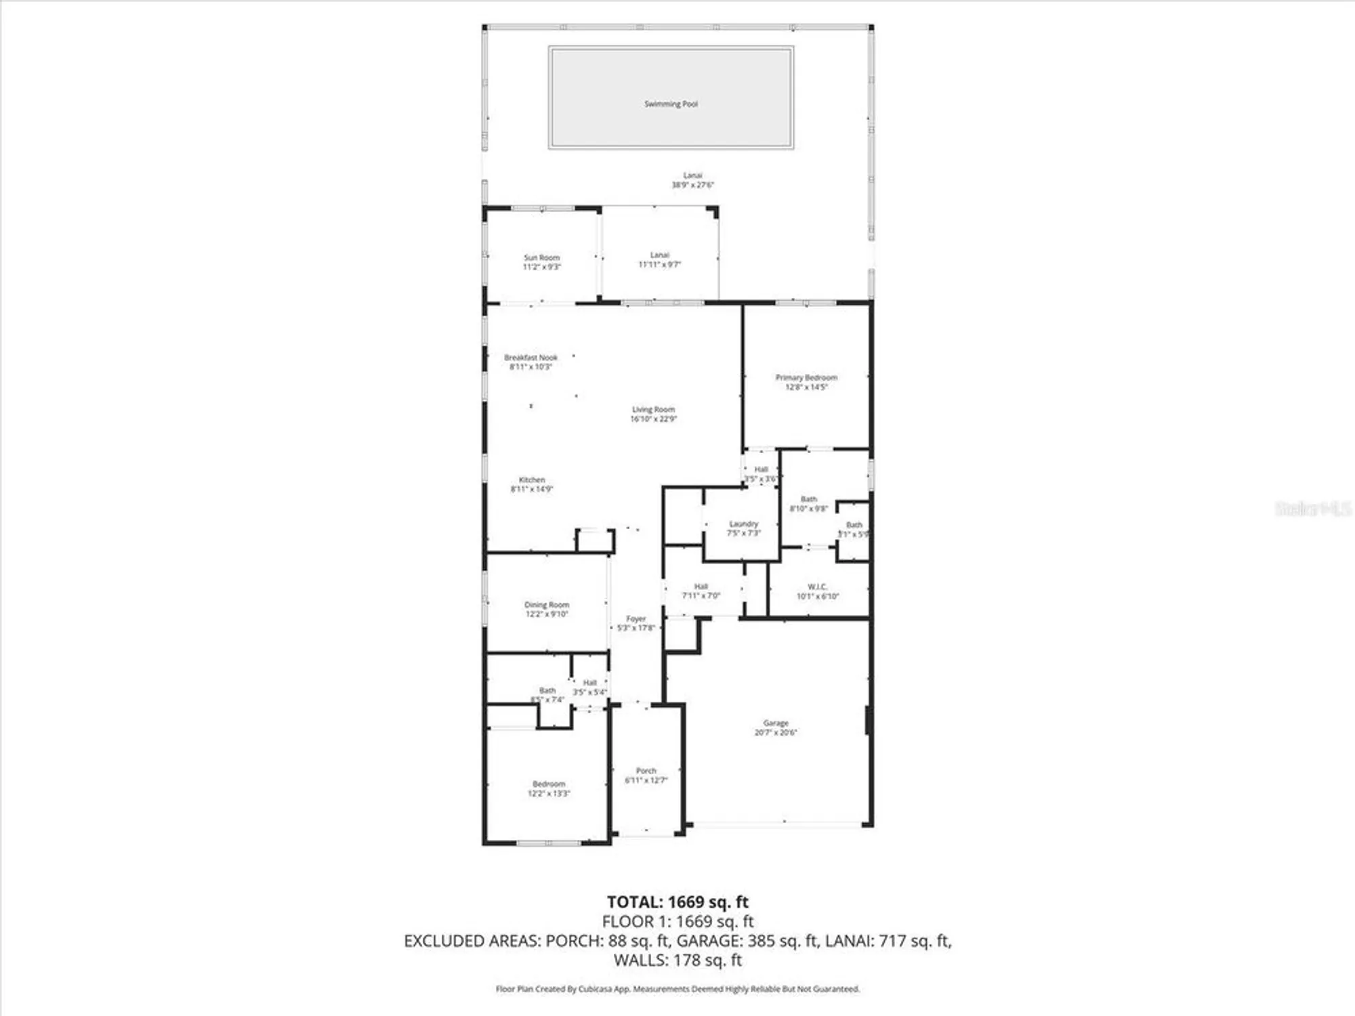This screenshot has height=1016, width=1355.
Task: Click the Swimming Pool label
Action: click(671, 104)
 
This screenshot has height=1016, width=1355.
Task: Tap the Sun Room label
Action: click(541, 257)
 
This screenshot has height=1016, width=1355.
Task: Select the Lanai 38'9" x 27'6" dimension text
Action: click(692, 185)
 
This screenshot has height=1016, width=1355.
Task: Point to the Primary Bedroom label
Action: click(806, 377)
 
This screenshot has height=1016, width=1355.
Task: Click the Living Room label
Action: click(653, 409)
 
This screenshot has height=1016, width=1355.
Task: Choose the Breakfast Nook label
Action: click(530, 357)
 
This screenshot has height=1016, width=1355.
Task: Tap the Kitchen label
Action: click(532, 480)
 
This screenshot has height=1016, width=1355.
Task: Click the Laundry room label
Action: click(743, 524)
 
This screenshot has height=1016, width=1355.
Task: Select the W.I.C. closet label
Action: click(817, 587)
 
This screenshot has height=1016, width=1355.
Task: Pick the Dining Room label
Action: click(547, 604)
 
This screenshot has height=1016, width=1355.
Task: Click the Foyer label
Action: click(635, 618)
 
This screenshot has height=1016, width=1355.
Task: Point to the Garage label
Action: click(776, 723)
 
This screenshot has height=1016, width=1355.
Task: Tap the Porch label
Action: click(646, 771)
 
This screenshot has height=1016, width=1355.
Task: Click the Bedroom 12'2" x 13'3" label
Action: click(549, 788)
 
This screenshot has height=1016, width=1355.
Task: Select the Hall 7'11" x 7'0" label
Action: click(701, 591)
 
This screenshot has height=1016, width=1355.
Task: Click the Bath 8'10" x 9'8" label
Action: click(808, 503)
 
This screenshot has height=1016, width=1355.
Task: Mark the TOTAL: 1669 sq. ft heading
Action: click(677, 902)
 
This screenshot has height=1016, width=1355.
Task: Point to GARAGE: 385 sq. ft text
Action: click(747, 941)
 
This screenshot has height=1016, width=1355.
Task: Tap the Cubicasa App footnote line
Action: click(677, 989)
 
